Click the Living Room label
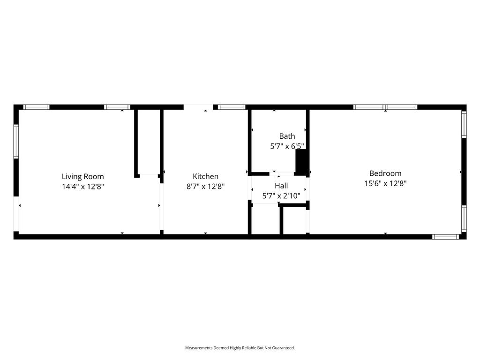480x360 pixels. coord(82,176)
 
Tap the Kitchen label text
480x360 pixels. coord(205,176)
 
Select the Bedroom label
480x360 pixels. coord(385,173)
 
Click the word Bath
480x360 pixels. coord(287,136)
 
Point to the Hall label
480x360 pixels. coord(281,186)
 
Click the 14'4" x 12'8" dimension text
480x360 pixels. coord(83,187)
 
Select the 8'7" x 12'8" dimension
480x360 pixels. coord(206,187)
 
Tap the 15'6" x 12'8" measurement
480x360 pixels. coord(385,183)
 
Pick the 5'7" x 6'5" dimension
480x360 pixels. coord(287,146)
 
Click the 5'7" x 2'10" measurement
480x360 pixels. coord(281,196)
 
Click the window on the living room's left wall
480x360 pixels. coord(16,141)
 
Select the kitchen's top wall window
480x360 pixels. coord(232,107)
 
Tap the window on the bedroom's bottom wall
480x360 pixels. coord(445,237)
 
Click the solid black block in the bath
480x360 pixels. coord(301,162)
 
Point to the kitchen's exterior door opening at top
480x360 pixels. coord(198,107)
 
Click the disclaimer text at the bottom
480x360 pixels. coord(240,348)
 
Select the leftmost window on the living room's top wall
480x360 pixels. coord(37,107)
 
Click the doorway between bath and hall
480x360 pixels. coord(282,173)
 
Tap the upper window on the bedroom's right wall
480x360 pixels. coord(464,124)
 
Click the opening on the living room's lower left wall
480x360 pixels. coord(16,214)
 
